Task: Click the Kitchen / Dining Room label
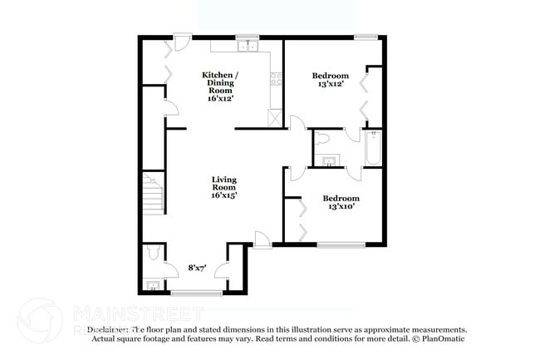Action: click(222, 86)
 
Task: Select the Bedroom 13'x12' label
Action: click(331, 80)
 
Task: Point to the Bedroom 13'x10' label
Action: click(341, 203)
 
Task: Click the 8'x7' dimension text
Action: click(198, 268)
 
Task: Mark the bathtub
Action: click(372, 148)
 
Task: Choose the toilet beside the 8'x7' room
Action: click(150, 252)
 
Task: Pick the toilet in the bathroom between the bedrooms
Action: click(324, 138)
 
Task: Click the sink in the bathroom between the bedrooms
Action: click(330, 161)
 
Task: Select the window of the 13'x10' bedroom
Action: click(340, 244)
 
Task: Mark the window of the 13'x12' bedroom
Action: click(365, 37)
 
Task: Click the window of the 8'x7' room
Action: click(196, 292)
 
